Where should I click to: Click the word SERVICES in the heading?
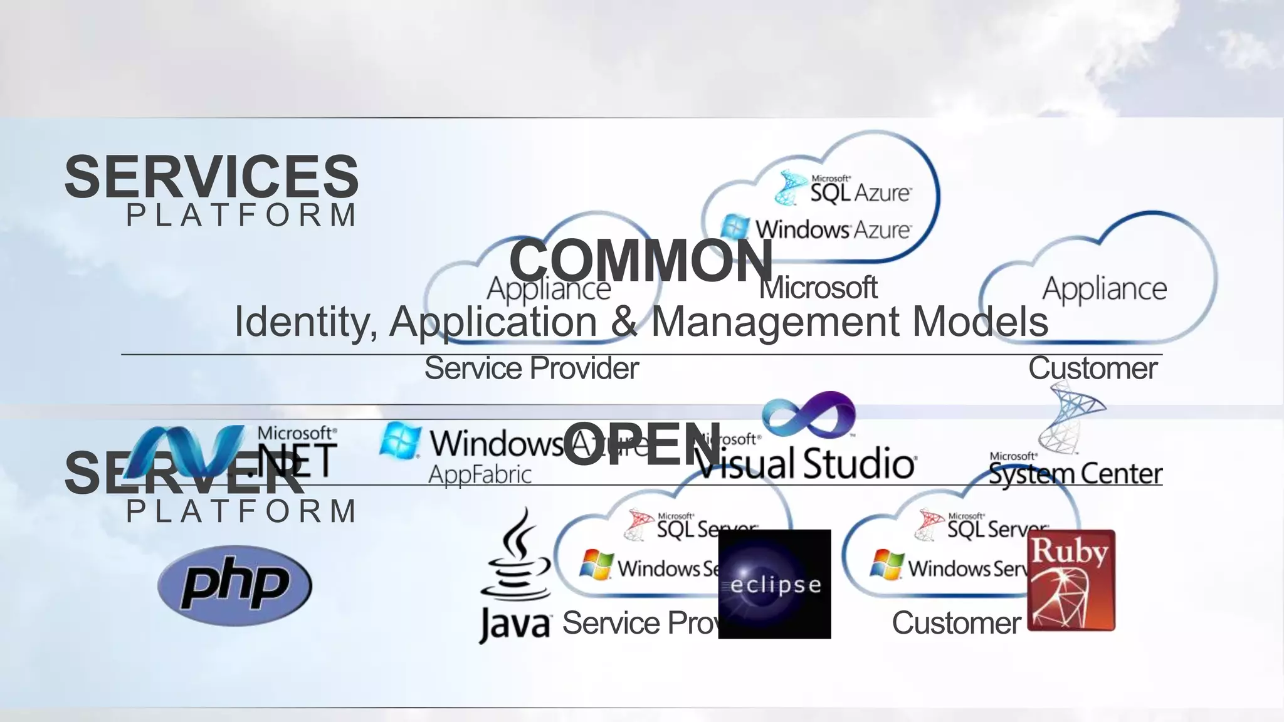click(211, 177)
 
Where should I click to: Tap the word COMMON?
click(641, 260)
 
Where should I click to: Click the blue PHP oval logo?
click(234, 585)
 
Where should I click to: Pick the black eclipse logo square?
click(774, 584)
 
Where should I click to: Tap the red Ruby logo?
click(1071, 580)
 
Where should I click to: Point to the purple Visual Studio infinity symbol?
click(809, 415)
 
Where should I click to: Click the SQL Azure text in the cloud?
click(860, 192)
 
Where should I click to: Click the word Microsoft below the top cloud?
click(818, 288)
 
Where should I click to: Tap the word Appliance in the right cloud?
click(1104, 289)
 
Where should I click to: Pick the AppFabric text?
click(480, 474)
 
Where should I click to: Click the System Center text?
click(1075, 474)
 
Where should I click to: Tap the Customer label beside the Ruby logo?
click(956, 623)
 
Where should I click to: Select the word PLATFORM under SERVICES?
click(241, 216)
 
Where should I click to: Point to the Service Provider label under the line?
click(532, 369)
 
